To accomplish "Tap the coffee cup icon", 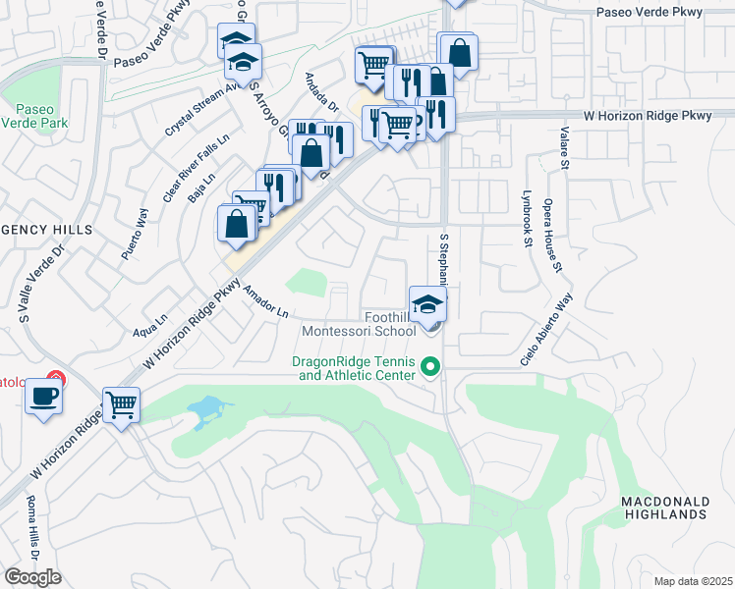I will click(44, 397).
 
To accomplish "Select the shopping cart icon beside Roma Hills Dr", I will click(121, 402).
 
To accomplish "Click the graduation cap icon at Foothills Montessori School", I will click(427, 302).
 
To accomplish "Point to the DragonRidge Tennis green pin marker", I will click(429, 368).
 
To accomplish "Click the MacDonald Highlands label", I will click(665, 508).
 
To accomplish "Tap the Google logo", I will click(32, 577).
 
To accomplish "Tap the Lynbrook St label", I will click(528, 219).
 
